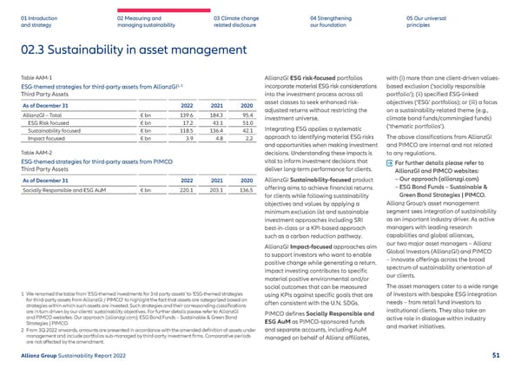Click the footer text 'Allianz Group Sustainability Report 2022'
[69, 356]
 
